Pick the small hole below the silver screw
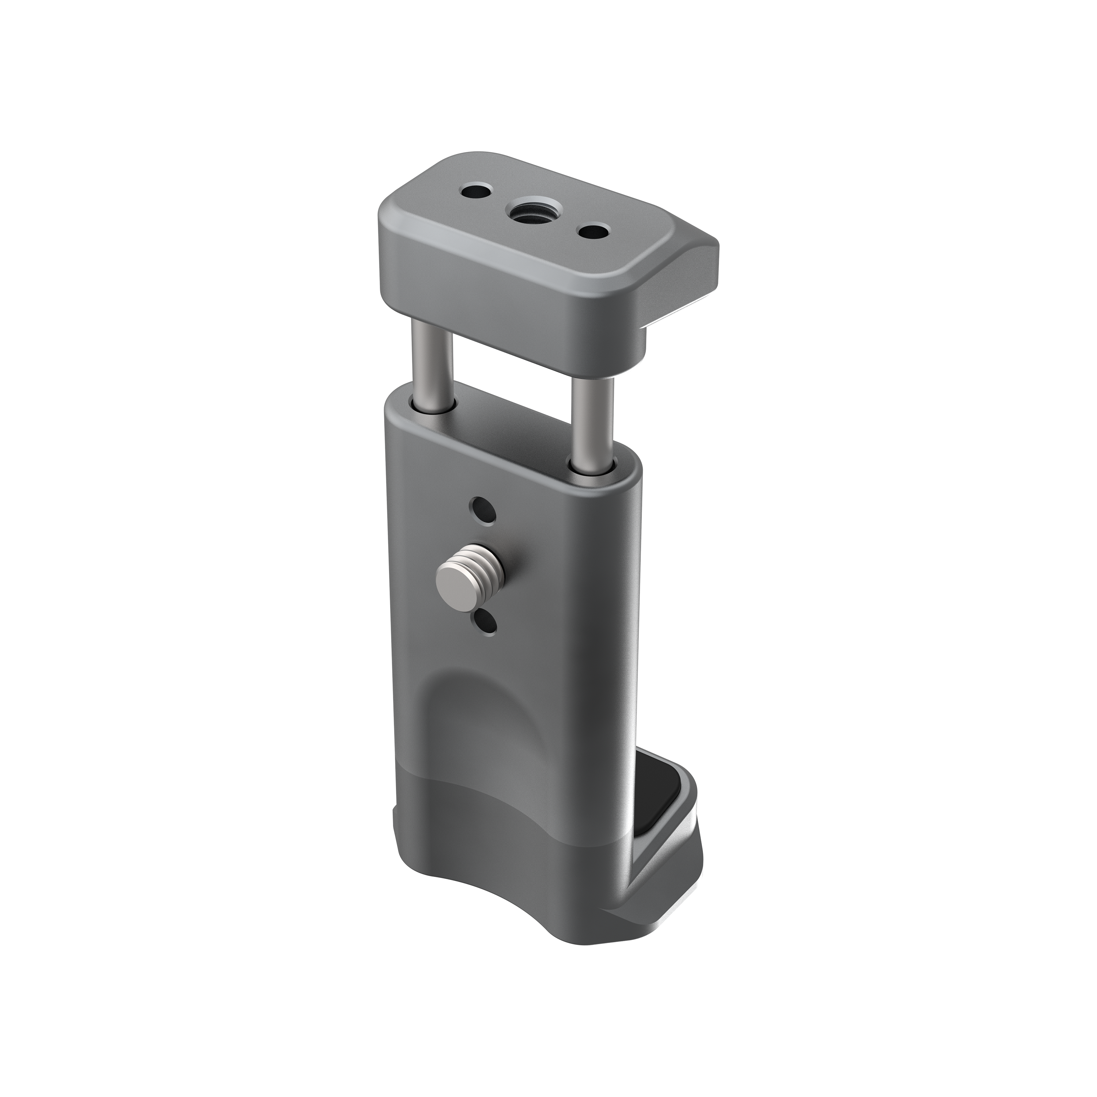click(x=486, y=623)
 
